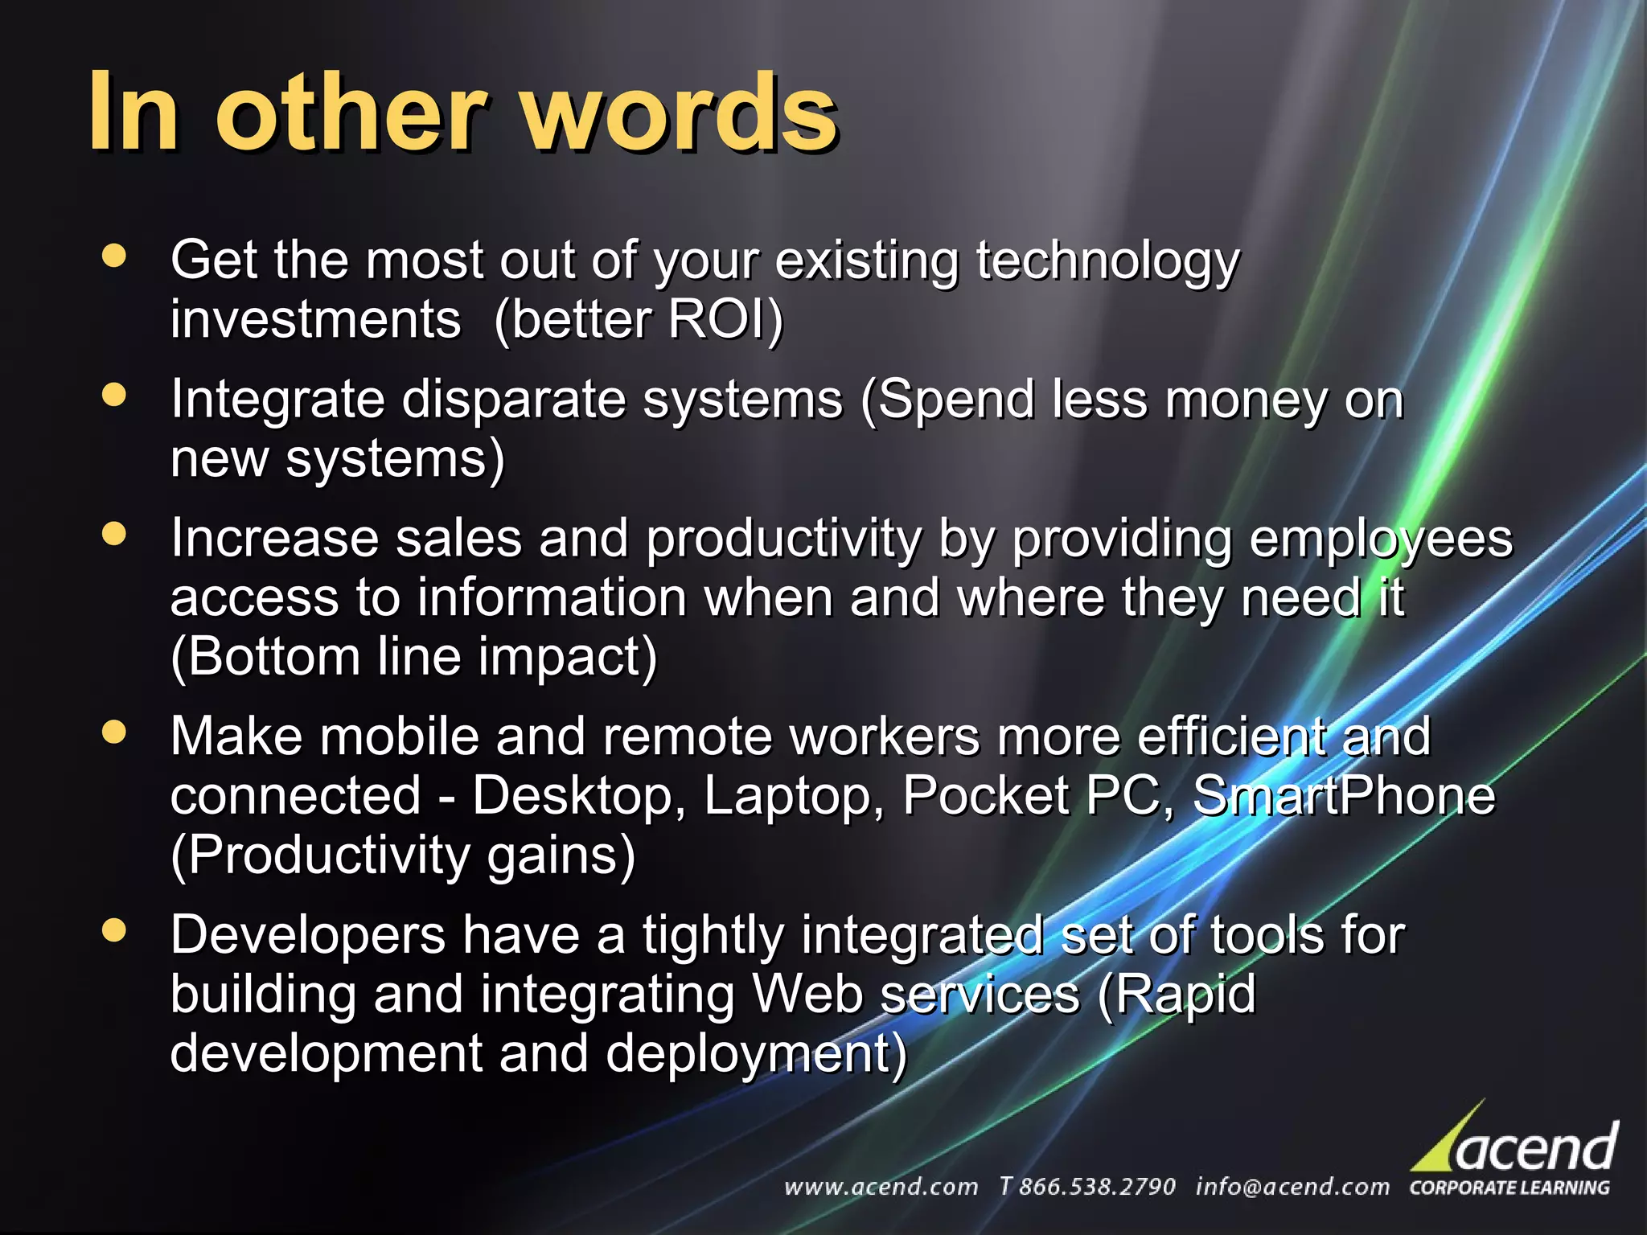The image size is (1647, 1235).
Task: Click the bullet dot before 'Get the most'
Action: (x=115, y=256)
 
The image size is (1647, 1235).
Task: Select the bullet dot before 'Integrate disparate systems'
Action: (x=115, y=395)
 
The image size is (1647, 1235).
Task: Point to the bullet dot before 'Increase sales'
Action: (x=115, y=535)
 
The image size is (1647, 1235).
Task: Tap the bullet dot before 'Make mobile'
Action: (x=115, y=732)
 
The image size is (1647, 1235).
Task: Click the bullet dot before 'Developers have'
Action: (x=115, y=930)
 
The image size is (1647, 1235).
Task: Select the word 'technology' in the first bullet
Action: (x=1107, y=262)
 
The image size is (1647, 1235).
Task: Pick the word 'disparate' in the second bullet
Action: (x=513, y=400)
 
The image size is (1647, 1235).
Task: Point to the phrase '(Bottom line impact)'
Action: (x=413, y=657)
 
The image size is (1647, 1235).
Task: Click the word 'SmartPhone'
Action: (x=1343, y=795)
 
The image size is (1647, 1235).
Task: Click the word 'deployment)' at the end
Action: (x=756, y=1054)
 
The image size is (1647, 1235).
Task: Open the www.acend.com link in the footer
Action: (x=881, y=1187)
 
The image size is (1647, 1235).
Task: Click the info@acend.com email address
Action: (x=1292, y=1187)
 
